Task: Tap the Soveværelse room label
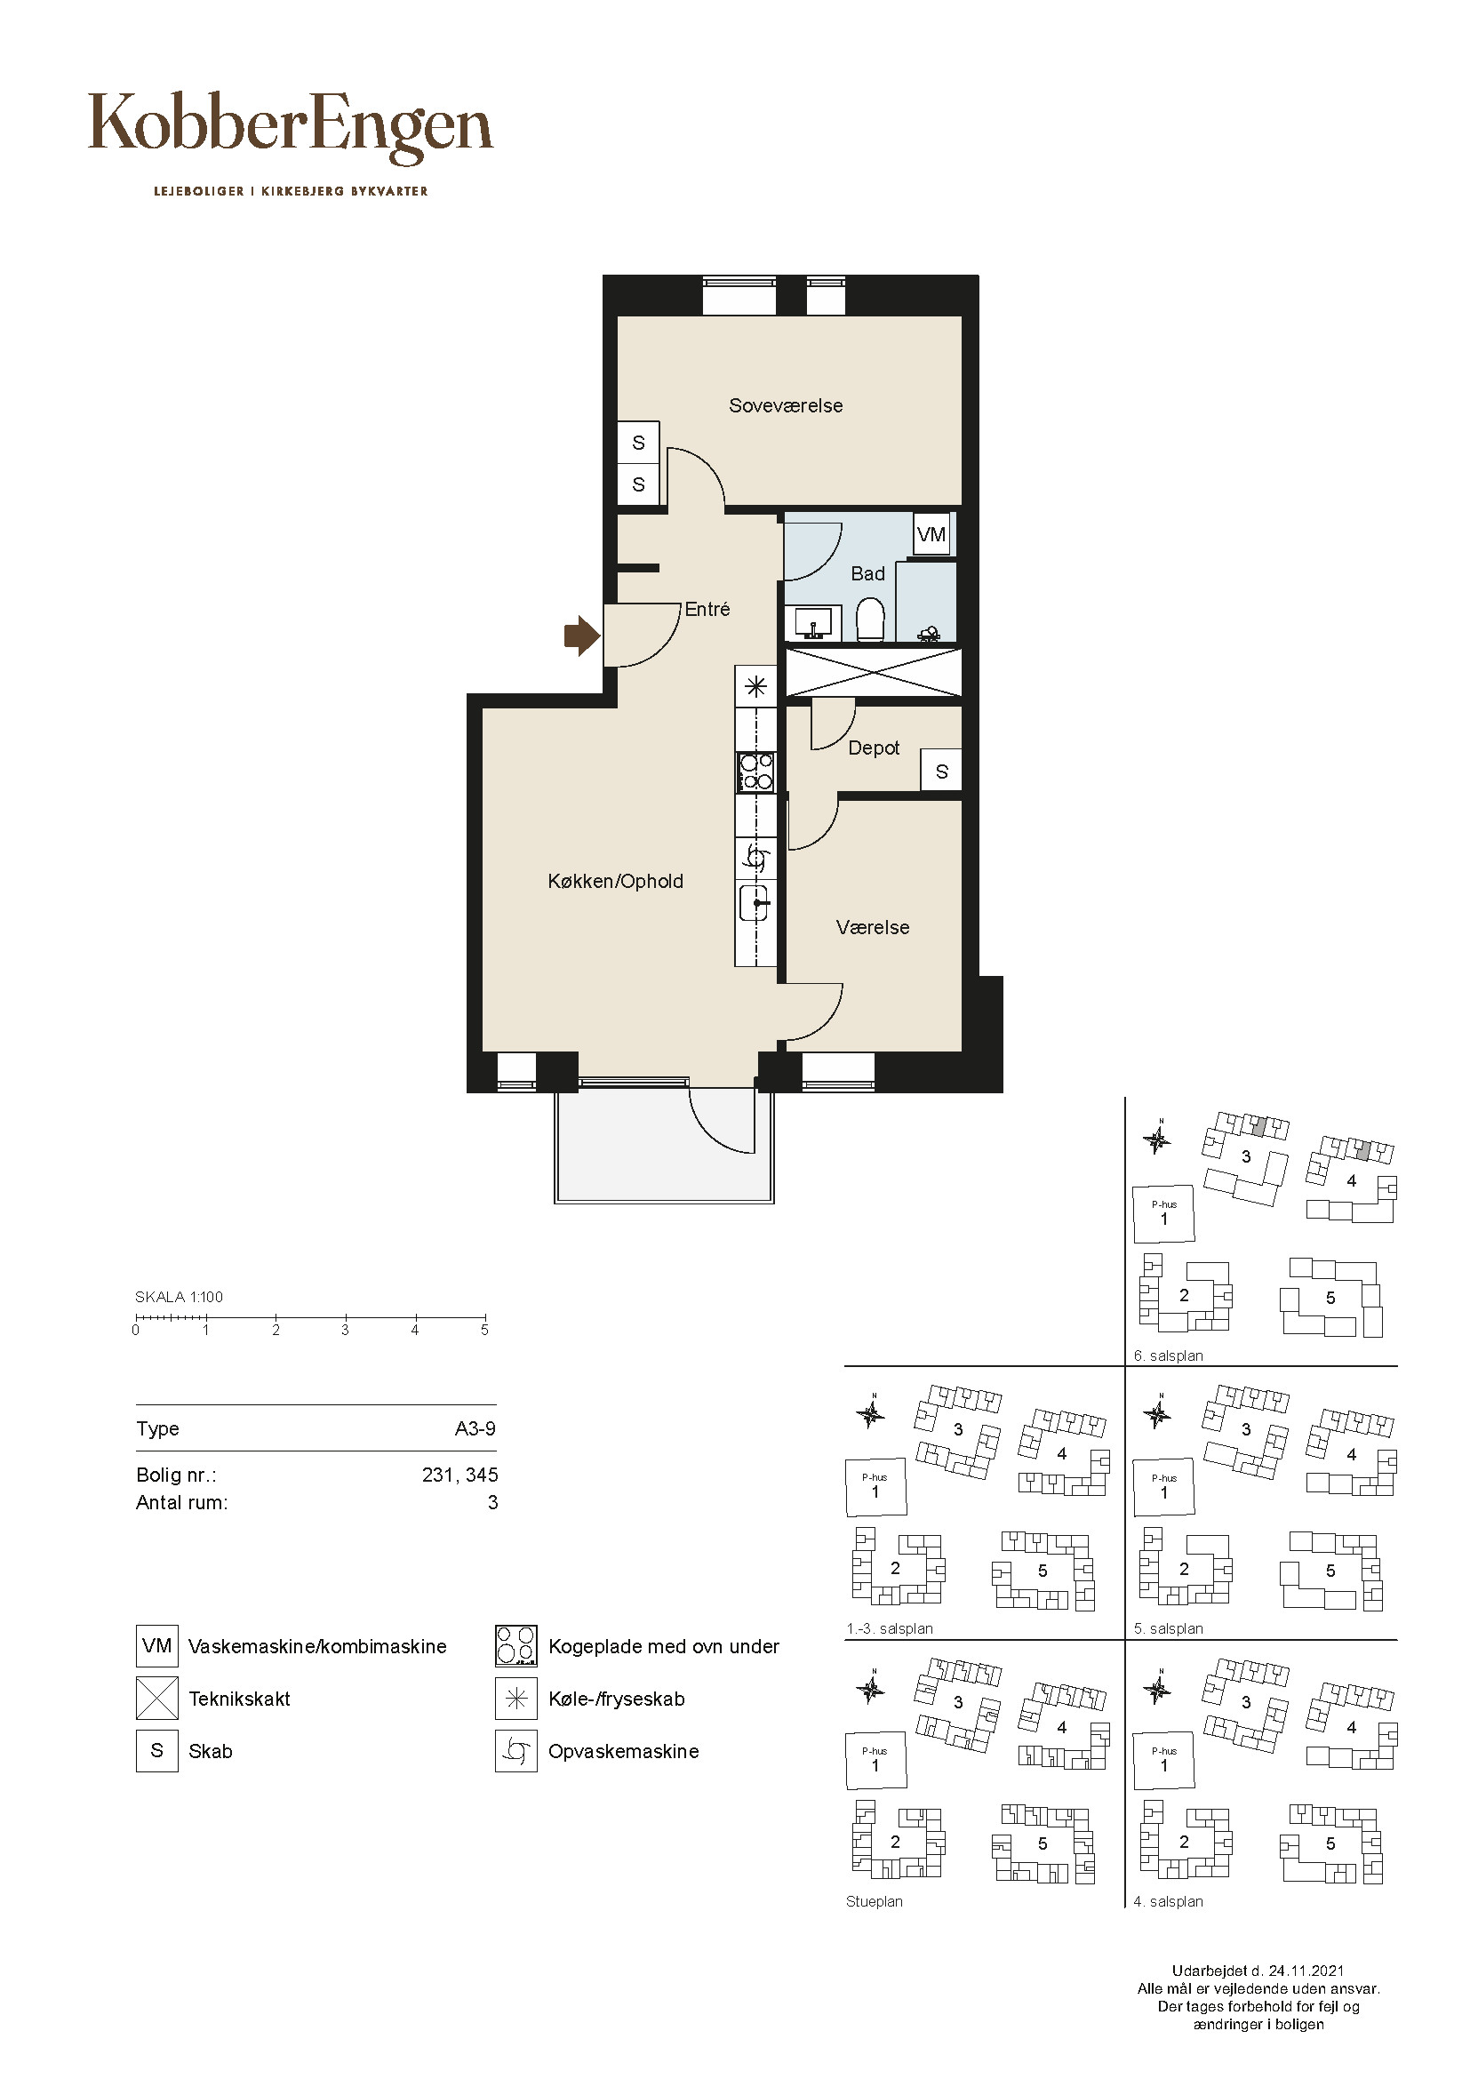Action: [786, 405]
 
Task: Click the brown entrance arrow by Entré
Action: [582, 636]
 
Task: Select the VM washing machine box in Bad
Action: [931, 534]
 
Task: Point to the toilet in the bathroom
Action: [871, 620]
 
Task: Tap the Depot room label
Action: [874, 748]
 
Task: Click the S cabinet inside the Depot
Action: [941, 772]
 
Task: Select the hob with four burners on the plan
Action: [755, 772]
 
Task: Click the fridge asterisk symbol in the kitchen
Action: [755, 686]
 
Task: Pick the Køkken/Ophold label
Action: [616, 881]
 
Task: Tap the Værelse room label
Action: [873, 927]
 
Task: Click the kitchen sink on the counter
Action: [755, 904]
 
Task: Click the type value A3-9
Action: [475, 1429]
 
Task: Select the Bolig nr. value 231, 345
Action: [459, 1475]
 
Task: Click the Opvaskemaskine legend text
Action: [624, 1751]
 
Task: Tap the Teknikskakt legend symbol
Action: [156, 1698]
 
